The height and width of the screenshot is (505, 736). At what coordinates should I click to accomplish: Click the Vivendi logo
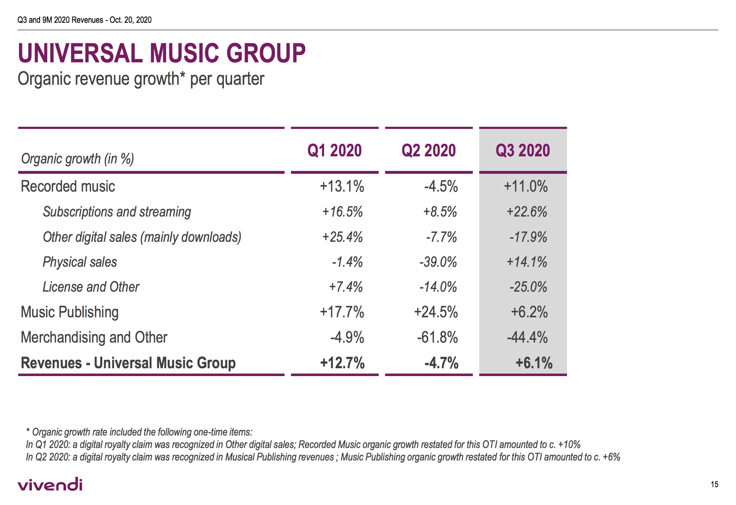click(x=50, y=484)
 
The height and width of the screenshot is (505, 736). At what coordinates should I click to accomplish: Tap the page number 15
click(x=714, y=484)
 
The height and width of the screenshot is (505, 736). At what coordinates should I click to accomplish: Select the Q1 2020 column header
click(x=334, y=150)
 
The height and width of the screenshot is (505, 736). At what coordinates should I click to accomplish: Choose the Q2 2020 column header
click(x=429, y=150)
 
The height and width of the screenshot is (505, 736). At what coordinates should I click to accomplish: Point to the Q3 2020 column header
click(x=523, y=150)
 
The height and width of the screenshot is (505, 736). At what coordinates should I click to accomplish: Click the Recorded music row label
click(x=68, y=186)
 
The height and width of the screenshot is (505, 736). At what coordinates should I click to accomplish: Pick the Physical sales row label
click(x=80, y=262)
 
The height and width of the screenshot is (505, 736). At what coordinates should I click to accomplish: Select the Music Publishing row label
click(x=70, y=312)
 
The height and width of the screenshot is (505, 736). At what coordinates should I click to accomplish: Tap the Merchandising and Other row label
click(x=94, y=337)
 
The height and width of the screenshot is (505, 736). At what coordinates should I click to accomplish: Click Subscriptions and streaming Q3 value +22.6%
click(x=527, y=212)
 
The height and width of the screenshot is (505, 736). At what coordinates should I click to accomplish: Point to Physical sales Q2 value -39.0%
click(x=438, y=262)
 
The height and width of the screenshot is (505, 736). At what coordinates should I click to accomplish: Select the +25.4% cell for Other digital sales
click(x=342, y=237)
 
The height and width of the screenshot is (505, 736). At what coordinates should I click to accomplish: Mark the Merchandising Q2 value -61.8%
click(x=437, y=337)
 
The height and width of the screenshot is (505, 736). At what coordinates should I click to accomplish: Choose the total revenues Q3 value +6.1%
click(x=534, y=363)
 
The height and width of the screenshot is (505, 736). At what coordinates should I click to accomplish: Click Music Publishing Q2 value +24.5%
click(x=436, y=312)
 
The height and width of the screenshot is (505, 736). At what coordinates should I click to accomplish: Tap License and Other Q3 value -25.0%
click(x=528, y=287)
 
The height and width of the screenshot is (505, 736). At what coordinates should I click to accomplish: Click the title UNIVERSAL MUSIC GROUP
click(x=162, y=53)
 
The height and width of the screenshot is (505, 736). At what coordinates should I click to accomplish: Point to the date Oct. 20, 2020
click(x=131, y=20)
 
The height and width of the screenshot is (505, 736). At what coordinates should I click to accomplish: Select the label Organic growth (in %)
click(x=77, y=158)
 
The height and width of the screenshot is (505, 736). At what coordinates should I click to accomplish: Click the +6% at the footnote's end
click(x=611, y=457)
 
